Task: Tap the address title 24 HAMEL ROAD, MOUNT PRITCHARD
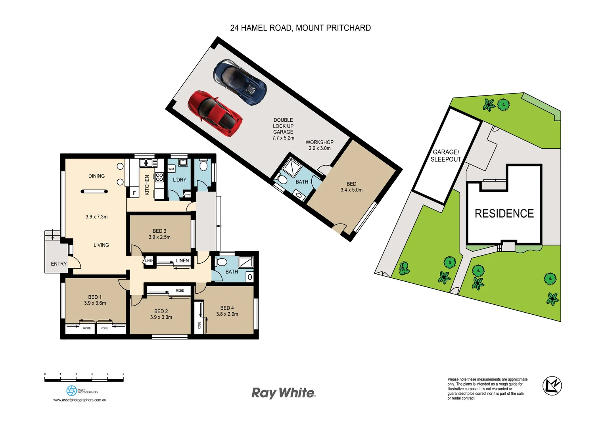300,28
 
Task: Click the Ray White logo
284,393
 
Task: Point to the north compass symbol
552,385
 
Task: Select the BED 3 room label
159,231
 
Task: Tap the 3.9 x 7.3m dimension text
96,217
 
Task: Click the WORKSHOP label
319,142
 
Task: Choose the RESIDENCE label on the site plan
504,214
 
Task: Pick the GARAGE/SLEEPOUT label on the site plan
446,156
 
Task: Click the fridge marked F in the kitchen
134,193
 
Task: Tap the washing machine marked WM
171,169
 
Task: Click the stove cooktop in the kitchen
159,177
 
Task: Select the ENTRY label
59,264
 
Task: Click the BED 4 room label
227,308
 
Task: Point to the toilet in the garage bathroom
282,180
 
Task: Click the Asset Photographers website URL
80,400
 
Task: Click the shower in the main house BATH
246,262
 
